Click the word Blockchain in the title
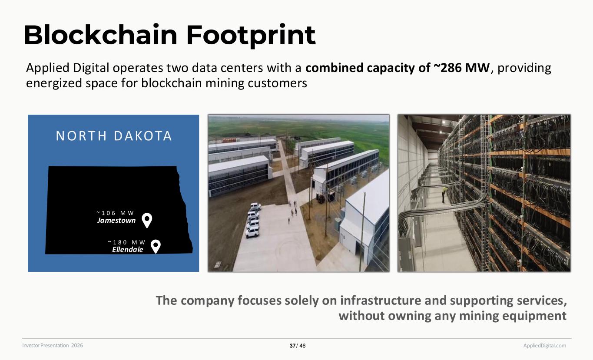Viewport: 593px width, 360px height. point(101,35)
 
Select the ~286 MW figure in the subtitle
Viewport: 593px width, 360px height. point(461,68)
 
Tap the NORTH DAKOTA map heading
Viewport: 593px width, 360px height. point(114,136)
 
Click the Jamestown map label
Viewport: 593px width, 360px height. point(116,220)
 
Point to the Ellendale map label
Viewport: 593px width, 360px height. point(127,249)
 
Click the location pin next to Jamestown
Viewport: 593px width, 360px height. point(147,220)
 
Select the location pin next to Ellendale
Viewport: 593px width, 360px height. point(156,246)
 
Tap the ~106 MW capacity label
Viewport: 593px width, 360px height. point(116,213)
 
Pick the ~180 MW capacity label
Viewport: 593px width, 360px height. point(127,242)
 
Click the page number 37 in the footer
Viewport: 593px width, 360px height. point(292,346)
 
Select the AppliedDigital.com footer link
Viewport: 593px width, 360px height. point(544,345)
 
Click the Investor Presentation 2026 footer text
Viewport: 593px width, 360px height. point(53,345)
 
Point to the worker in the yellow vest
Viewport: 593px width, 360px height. point(444,195)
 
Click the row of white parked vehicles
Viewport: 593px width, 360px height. point(253,220)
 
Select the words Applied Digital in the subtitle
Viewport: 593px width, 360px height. point(67,68)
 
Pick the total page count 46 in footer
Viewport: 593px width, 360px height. point(303,346)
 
